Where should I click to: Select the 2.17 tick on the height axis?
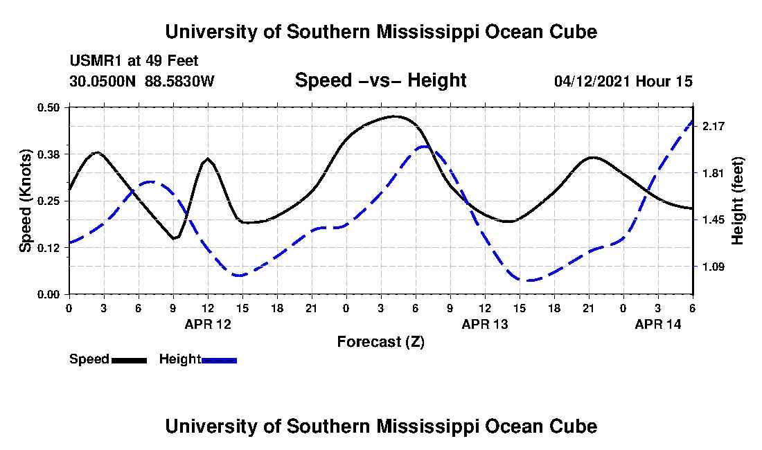click(714, 126)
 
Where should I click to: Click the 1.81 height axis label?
click(714, 173)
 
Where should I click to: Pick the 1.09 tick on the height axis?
click(714, 267)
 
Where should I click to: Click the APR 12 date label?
click(208, 324)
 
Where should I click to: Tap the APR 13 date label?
click(485, 324)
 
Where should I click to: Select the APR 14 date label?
click(658, 324)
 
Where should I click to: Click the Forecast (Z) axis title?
click(381, 342)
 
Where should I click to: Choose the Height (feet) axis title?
click(737, 201)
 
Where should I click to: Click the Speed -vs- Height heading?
click(381, 80)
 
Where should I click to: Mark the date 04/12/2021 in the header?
click(592, 81)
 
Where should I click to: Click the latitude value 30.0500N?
click(103, 81)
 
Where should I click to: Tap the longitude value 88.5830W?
click(179, 81)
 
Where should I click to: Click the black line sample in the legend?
click(130, 360)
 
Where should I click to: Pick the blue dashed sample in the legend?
click(219, 360)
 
